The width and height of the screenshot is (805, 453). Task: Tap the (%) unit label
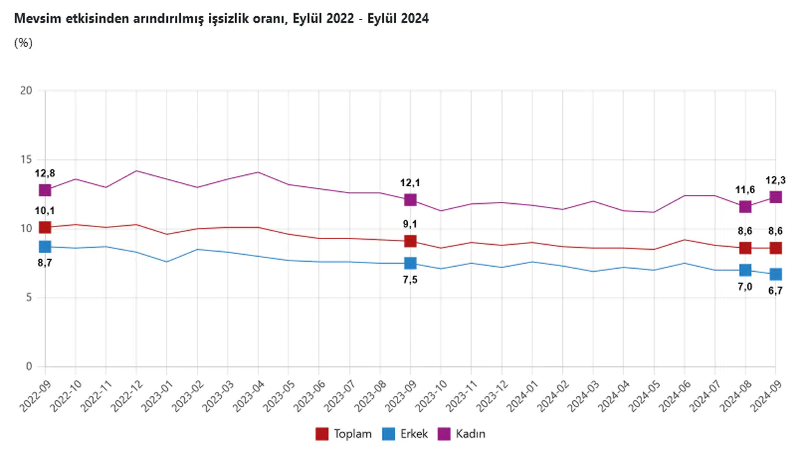pos(23,43)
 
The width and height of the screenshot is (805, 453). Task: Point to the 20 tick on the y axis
pos(26,91)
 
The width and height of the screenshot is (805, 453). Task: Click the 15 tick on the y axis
pos(26,160)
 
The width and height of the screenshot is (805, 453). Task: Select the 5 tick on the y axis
pos(28,298)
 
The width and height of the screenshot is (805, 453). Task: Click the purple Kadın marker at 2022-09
pos(45,190)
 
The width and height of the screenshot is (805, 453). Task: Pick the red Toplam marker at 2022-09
pos(45,227)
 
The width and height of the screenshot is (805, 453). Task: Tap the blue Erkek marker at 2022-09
pos(45,247)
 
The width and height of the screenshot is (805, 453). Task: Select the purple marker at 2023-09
pos(410,199)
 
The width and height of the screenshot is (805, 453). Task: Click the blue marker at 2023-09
pos(410,263)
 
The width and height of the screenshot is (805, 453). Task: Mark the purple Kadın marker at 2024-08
pos(745,206)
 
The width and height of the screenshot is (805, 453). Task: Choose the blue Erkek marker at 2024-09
pos(775,274)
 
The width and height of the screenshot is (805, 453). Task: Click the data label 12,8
pos(45,173)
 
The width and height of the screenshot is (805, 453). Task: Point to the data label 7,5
pos(410,280)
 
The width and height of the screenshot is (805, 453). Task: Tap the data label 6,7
pos(775,291)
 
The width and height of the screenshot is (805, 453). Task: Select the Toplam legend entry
pos(343,433)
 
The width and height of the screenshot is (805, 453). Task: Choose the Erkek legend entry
pos(405,433)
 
